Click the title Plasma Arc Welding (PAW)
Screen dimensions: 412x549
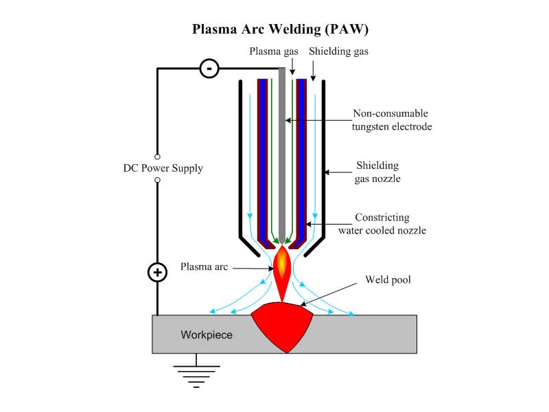click(274, 30)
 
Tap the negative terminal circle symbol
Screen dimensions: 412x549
click(209, 68)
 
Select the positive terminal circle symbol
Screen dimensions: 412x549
click(158, 273)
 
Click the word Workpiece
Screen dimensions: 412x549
click(207, 335)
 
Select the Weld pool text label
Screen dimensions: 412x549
click(388, 280)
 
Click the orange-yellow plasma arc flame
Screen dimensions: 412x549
click(282, 268)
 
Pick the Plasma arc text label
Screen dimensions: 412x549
click(205, 266)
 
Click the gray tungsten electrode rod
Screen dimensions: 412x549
click(282, 151)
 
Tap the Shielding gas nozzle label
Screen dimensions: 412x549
click(377, 172)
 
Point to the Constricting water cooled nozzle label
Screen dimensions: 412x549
click(382, 224)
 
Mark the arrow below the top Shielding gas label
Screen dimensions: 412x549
click(313, 69)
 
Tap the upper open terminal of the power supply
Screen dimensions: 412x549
click(158, 157)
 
